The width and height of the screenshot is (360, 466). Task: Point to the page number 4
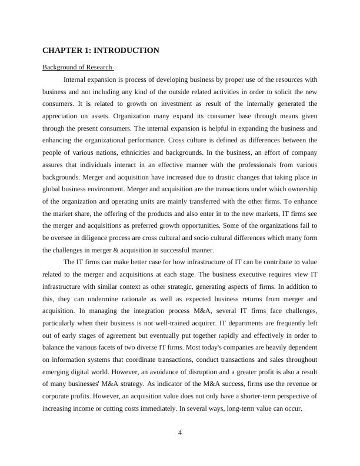click(180, 433)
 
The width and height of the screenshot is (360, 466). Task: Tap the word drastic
click(216, 177)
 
